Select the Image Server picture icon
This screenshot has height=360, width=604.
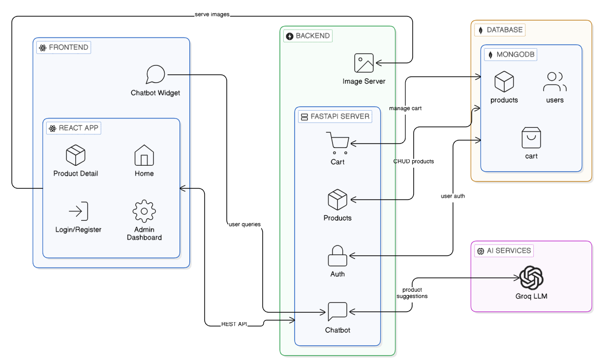[x=364, y=63]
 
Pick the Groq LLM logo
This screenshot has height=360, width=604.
[x=531, y=277]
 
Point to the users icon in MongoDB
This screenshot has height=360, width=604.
[x=555, y=82]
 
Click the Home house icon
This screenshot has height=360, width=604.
[x=144, y=155]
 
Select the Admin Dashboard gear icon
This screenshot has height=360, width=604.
[x=144, y=211]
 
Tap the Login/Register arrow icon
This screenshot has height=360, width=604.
[x=78, y=211]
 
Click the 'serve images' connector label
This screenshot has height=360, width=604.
[x=212, y=15]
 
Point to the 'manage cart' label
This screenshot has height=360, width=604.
[x=405, y=108]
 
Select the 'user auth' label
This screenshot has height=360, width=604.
[x=453, y=196]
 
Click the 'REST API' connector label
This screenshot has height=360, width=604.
[x=234, y=324]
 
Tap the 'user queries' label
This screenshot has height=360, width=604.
[x=244, y=224]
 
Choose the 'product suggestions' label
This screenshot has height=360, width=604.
[x=412, y=293]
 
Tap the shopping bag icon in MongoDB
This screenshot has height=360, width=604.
[x=531, y=138]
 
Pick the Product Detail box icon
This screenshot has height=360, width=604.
[x=76, y=155]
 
